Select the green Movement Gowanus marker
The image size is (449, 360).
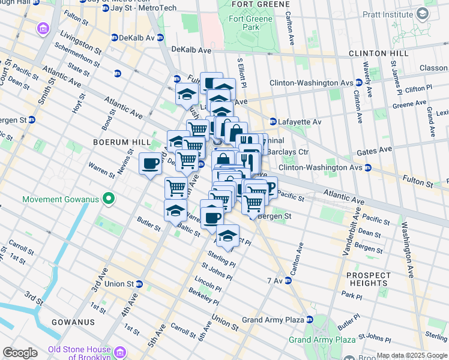(x=109, y=198)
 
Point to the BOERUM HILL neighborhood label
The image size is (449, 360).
(x=116, y=142)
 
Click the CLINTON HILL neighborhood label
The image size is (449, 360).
(x=379, y=53)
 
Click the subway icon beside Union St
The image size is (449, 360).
(x=139, y=284)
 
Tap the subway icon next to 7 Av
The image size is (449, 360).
(x=287, y=281)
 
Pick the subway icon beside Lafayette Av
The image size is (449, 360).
(x=273, y=122)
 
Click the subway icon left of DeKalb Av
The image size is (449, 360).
(x=114, y=38)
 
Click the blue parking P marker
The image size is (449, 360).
(x=268, y=188)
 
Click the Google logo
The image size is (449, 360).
(x=20, y=353)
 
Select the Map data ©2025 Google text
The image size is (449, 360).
(x=412, y=355)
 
